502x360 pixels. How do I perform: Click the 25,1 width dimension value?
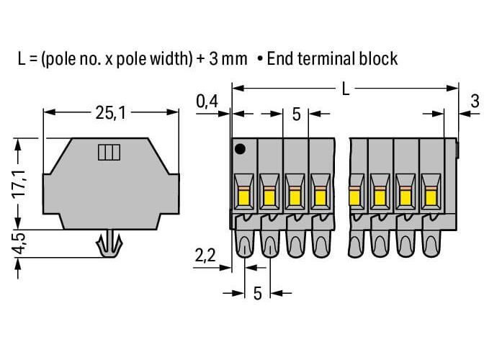[111, 113]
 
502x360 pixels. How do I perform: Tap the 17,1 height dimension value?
[20, 184]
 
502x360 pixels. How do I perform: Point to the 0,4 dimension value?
[207, 102]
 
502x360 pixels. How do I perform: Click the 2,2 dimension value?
[205, 256]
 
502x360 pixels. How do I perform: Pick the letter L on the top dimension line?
[346, 89]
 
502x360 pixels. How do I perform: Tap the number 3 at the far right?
[475, 102]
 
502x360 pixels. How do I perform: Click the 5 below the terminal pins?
[257, 293]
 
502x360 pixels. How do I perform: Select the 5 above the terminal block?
[297, 114]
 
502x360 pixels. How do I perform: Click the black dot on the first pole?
[240, 149]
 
